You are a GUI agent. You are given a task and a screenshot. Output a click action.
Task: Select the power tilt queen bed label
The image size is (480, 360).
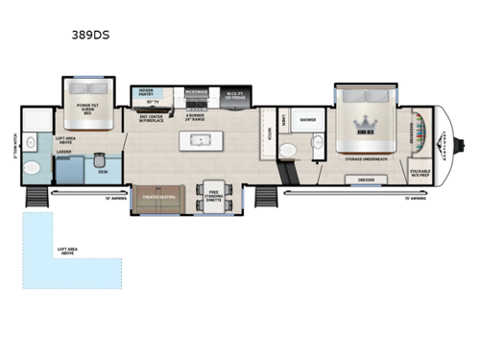92,109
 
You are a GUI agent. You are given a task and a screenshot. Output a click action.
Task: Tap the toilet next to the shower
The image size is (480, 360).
317,146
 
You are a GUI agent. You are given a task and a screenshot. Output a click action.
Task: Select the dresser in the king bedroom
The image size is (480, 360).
366,180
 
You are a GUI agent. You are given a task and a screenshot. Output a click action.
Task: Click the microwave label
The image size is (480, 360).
198,93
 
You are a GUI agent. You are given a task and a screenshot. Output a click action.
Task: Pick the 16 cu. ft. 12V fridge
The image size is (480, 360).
236,95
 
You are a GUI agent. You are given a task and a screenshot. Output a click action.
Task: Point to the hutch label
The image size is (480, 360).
270,133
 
